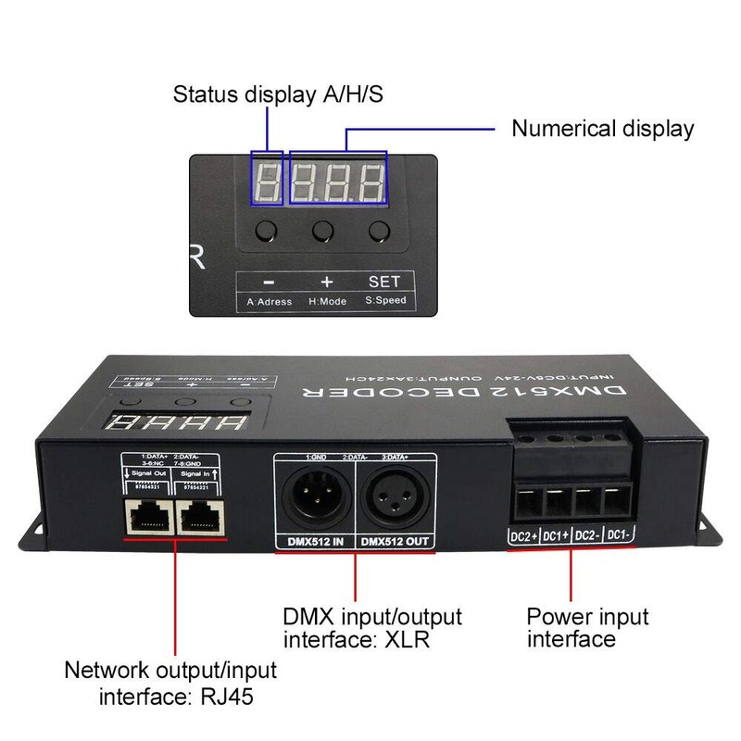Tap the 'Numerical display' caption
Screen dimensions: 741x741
click(x=602, y=128)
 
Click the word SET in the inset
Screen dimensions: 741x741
click(x=383, y=281)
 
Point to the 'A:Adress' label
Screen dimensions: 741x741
click(x=269, y=301)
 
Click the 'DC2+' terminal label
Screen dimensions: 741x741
click(x=524, y=535)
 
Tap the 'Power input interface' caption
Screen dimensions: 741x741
click(x=587, y=627)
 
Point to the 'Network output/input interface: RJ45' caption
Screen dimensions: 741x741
click(x=170, y=681)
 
